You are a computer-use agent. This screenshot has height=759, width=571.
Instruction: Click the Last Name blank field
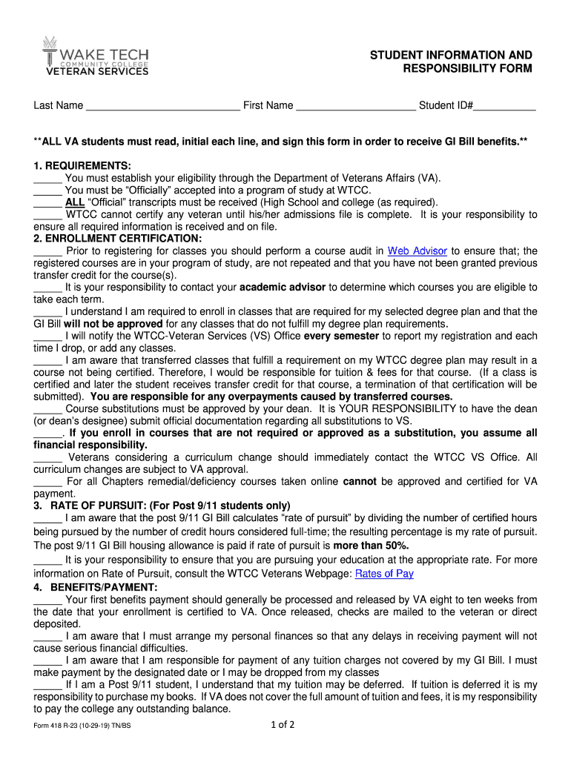tap(163, 106)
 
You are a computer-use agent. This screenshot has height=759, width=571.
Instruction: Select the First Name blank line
tap(356, 106)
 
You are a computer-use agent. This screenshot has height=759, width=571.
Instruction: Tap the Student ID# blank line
tap(504, 106)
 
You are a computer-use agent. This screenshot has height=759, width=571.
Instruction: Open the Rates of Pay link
tap(384, 574)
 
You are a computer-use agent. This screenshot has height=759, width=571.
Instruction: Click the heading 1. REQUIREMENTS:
tap(82, 165)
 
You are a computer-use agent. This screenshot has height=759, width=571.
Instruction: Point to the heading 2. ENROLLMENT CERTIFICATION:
tap(117, 239)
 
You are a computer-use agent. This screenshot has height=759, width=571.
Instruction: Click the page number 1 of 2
tap(283, 725)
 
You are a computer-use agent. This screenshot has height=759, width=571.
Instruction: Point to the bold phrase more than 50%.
tap(371, 546)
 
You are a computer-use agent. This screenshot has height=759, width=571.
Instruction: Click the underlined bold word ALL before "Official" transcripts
tap(75, 202)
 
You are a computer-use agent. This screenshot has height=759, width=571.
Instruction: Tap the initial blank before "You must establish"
tap(47, 178)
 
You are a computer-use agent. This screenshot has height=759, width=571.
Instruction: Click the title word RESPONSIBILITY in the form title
tap(467, 69)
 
